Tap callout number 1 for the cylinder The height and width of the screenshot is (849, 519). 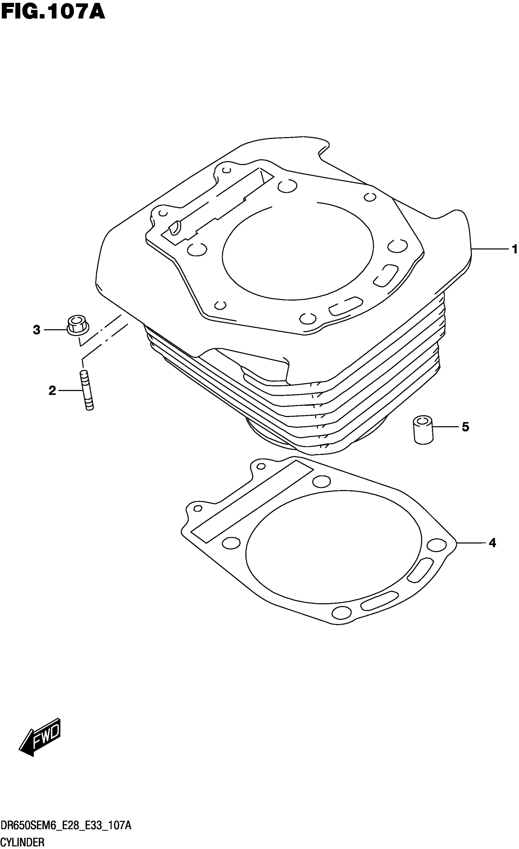(514, 249)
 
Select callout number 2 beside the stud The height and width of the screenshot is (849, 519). (52, 391)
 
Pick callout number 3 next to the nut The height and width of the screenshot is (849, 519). (36, 330)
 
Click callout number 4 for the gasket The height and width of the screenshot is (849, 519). (492, 543)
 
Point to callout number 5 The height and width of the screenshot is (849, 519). (465, 427)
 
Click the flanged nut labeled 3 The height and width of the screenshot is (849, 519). (78, 325)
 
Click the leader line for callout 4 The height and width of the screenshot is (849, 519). (471, 543)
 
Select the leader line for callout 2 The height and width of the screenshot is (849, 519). (71, 391)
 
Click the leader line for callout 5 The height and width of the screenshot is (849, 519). (446, 427)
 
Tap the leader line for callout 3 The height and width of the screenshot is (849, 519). (55, 330)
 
